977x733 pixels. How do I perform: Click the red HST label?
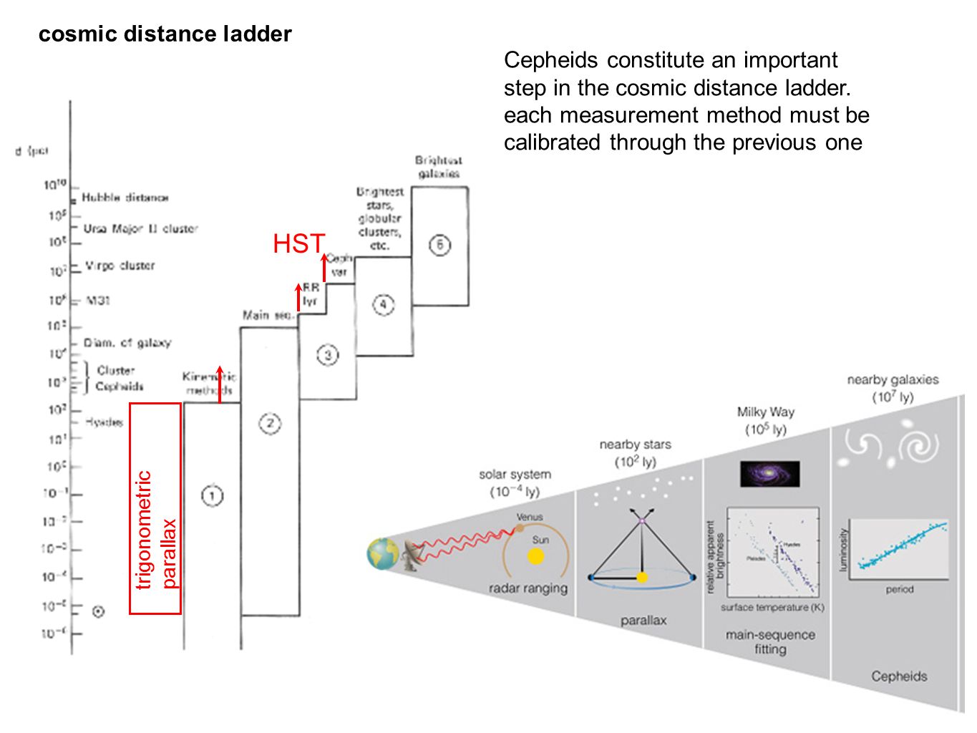click(x=298, y=244)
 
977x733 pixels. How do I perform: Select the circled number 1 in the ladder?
click(x=212, y=495)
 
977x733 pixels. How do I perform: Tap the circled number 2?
click(x=270, y=424)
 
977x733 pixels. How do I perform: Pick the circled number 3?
click(x=328, y=355)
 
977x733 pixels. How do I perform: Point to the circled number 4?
click(x=383, y=305)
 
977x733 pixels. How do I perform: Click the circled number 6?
click(x=439, y=246)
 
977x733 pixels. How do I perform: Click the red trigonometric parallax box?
click(x=155, y=508)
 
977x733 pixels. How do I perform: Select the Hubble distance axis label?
click(x=125, y=198)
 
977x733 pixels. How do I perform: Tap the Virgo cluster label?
click(x=120, y=266)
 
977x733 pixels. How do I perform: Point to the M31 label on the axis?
click(x=98, y=301)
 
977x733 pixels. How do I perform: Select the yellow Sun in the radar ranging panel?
click(x=536, y=556)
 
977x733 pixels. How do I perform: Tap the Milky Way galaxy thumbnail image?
click(x=769, y=474)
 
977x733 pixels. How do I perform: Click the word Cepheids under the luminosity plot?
click(x=899, y=676)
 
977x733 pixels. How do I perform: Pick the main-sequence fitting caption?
click(x=770, y=642)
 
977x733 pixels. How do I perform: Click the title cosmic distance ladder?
click(x=165, y=34)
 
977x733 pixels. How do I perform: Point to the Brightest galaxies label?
click(x=439, y=167)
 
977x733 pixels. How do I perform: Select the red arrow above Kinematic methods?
click(x=220, y=384)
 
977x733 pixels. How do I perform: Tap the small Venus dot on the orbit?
click(x=520, y=529)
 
